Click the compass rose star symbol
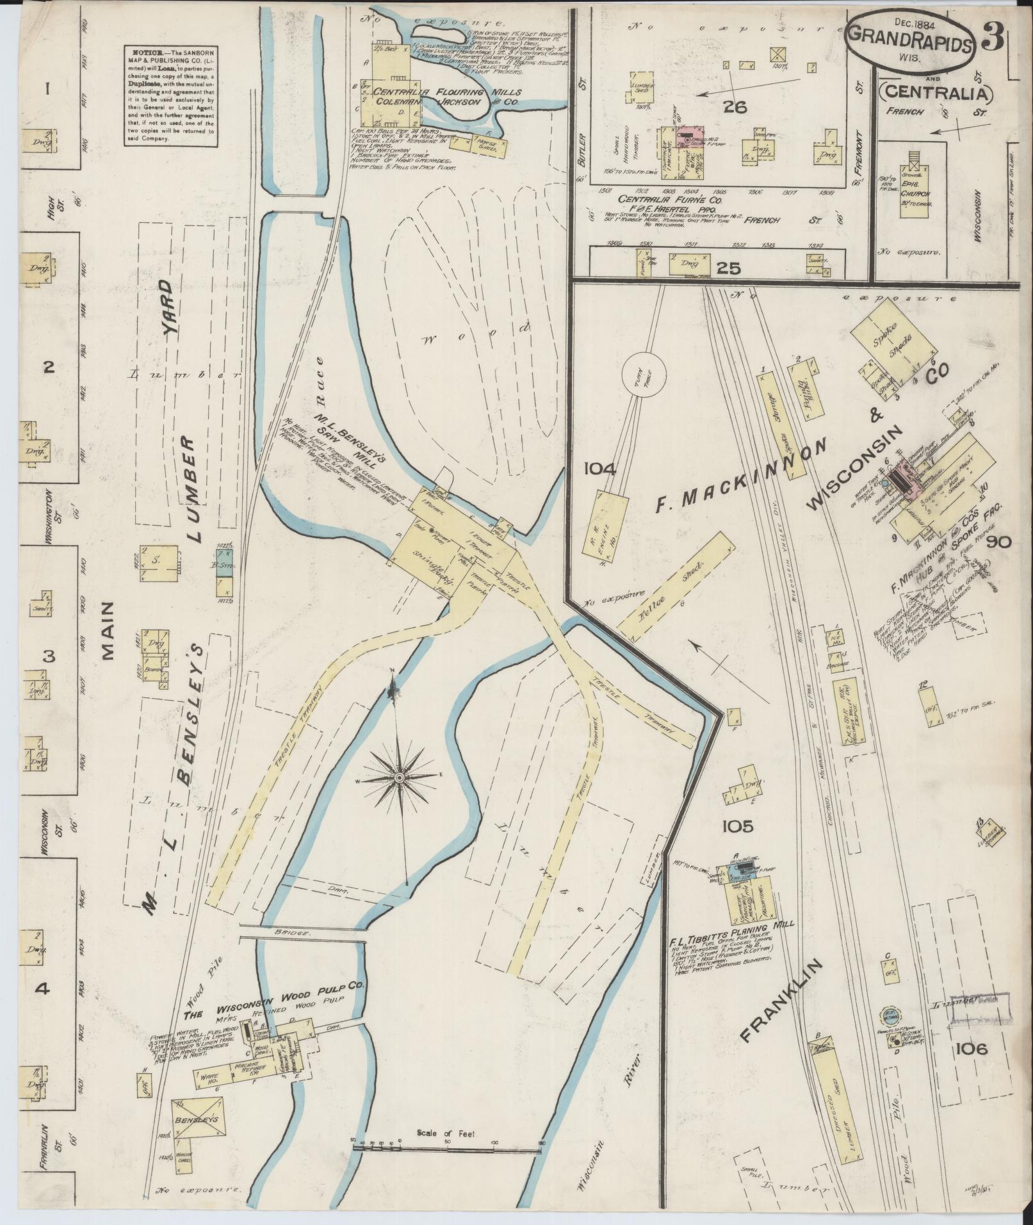tap(398, 777)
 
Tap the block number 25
tap(729, 268)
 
